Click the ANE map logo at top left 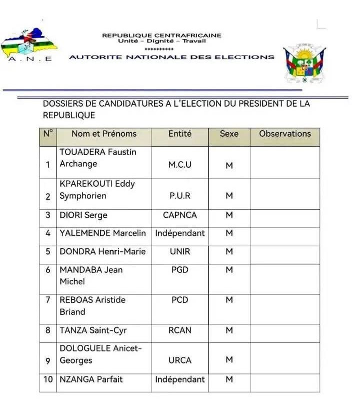(29, 46)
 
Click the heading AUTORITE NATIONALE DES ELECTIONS (171, 57)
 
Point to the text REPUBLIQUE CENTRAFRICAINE (161, 36)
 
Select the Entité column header (179, 134)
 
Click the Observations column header (284, 134)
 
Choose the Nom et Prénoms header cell (103, 134)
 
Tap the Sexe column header (229, 134)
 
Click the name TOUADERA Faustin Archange (98, 158)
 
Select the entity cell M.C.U (179, 165)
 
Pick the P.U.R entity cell (179, 196)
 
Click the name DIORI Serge (83, 215)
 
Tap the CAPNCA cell (179, 215)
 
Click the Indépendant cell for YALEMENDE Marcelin (179, 233)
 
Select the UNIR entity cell (179, 251)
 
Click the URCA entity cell (179, 360)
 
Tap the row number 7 (48, 300)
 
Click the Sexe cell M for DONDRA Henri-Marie (229, 251)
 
